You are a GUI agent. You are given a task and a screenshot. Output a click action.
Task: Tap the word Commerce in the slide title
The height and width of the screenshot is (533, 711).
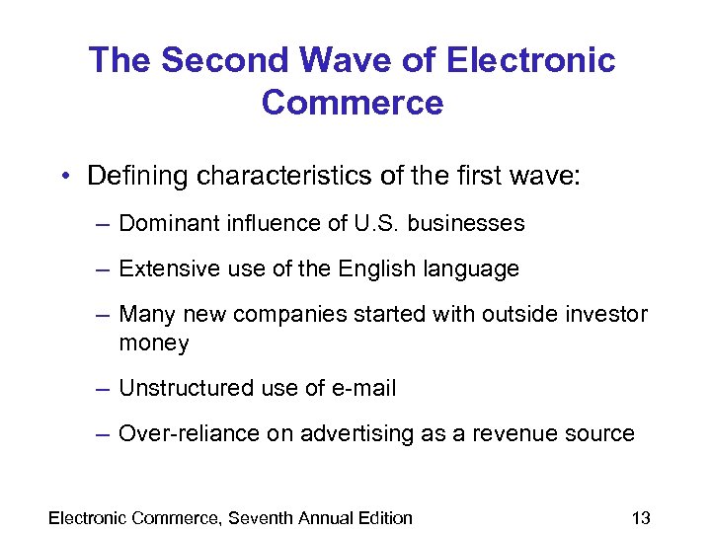pyautogui.click(x=353, y=102)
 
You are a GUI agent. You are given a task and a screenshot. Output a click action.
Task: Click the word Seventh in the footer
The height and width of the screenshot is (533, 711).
pyautogui.click(x=266, y=517)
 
